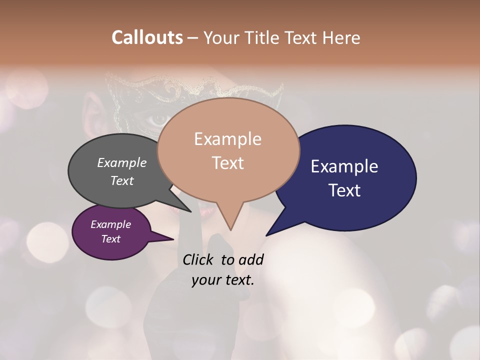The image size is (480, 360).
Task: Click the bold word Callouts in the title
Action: (x=147, y=37)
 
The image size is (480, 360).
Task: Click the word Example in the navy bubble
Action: (x=344, y=166)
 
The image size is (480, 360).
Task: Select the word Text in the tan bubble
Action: (x=227, y=163)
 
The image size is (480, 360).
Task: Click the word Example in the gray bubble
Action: (x=121, y=162)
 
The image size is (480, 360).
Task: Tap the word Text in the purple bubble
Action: (x=111, y=239)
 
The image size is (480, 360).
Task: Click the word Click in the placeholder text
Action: (x=198, y=259)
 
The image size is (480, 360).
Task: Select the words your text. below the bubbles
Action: (x=223, y=280)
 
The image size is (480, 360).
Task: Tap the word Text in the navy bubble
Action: (x=345, y=190)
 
